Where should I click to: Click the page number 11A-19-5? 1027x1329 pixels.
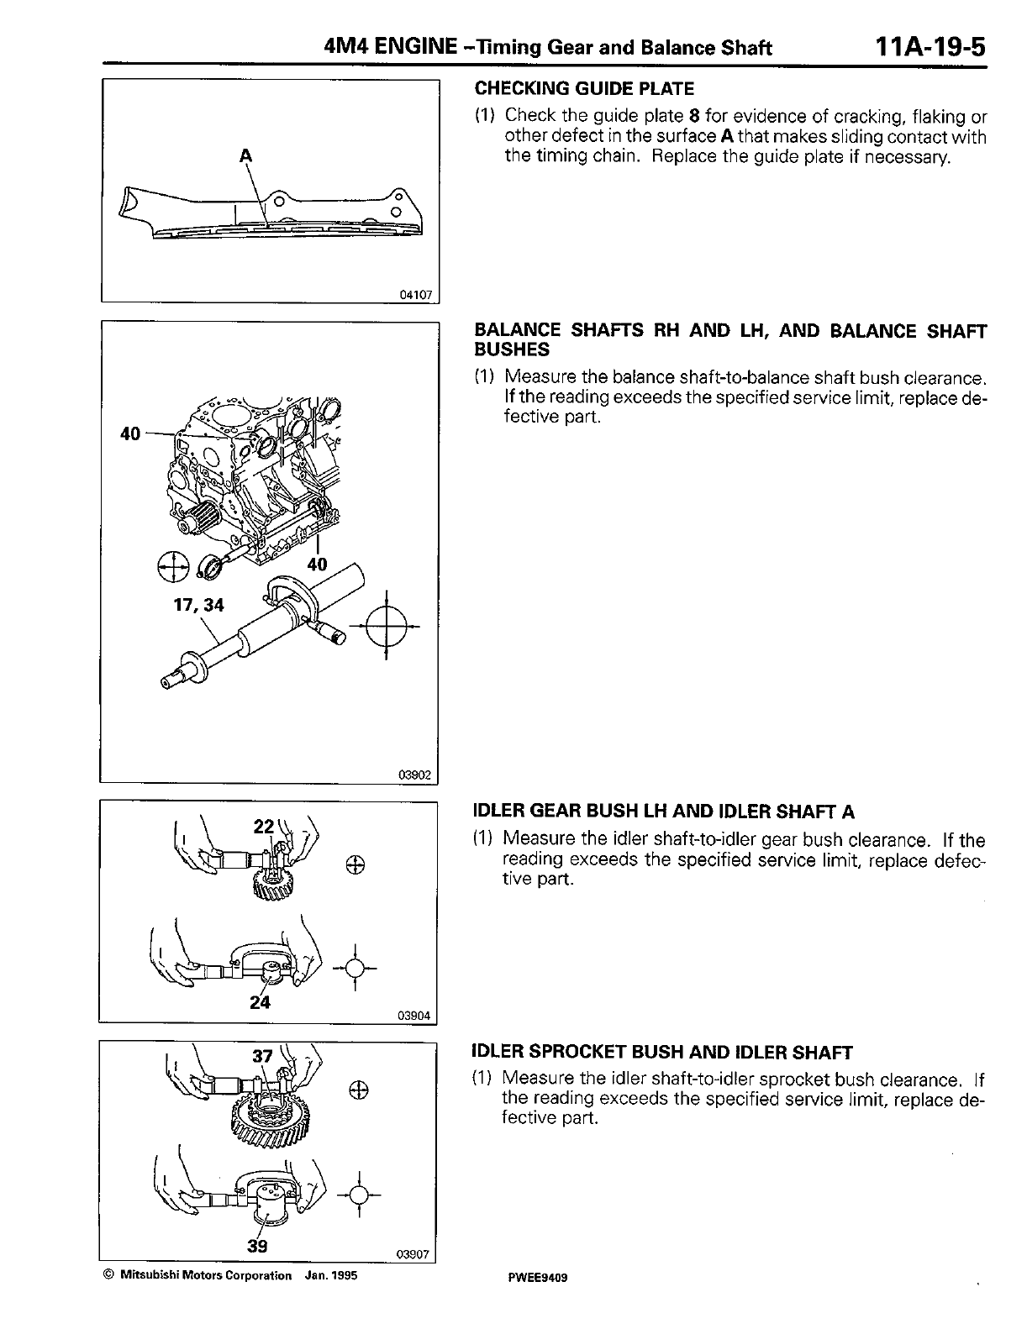coord(929,45)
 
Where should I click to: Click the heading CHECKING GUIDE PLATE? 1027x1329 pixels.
coord(584,88)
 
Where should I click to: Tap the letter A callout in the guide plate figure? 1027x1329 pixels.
coord(246,155)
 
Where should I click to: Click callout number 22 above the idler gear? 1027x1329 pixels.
coord(264,827)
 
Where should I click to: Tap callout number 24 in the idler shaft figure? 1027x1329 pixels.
coord(260,1001)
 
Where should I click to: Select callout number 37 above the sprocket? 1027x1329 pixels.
coord(264,1058)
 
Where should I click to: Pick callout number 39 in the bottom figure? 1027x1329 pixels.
coord(257,1246)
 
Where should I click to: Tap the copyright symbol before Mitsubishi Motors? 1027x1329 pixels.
coord(108,1275)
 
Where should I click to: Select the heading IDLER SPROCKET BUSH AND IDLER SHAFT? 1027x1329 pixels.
coord(663,1052)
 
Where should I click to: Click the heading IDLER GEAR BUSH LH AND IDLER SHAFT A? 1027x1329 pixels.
coord(664,812)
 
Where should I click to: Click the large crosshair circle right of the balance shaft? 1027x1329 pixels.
coord(387,626)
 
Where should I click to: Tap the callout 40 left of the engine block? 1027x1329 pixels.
coord(129,433)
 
